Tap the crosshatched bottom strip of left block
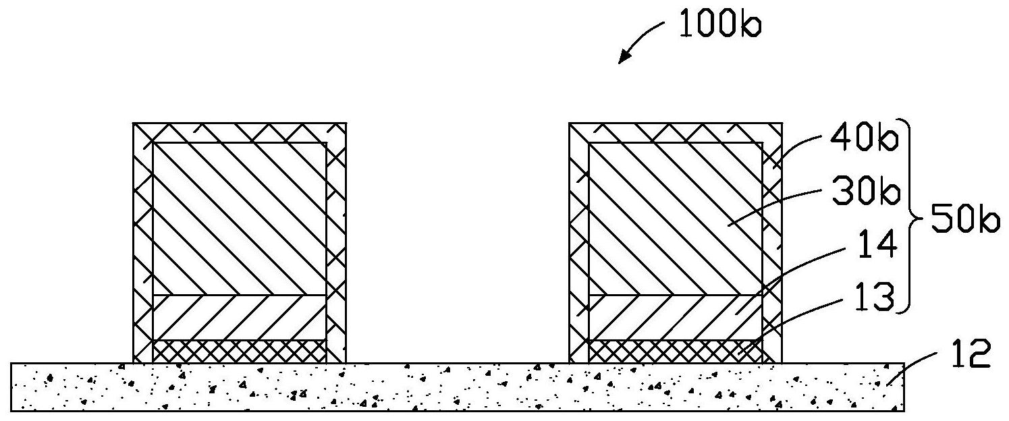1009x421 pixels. click(x=240, y=351)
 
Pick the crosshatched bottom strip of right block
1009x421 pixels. click(x=676, y=351)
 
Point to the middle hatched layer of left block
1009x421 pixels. click(x=240, y=317)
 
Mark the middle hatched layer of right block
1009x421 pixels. click(x=676, y=317)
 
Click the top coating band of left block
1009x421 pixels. click(x=240, y=132)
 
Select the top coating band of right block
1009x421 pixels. click(x=676, y=132)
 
